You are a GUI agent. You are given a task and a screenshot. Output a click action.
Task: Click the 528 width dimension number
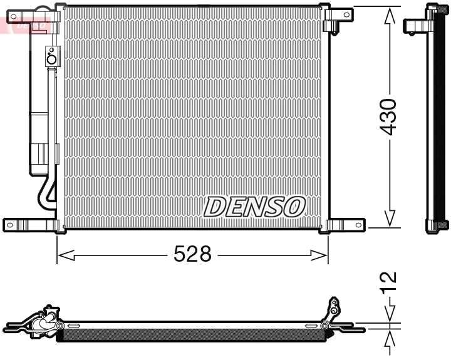192,255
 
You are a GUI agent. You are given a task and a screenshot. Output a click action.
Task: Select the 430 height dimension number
389,116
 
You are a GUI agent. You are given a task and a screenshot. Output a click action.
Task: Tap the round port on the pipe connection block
51,59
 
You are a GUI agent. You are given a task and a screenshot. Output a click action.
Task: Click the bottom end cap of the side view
437,227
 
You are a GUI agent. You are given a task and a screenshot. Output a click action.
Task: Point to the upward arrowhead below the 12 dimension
389,339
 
